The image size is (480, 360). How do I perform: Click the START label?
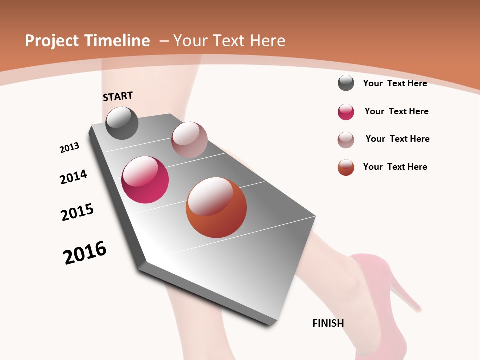[118, 96]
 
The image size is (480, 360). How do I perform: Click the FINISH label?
[328, 323]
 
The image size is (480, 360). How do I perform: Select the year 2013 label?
[69, 148]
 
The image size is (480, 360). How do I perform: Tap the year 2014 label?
[73, 177]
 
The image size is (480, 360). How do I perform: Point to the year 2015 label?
[77, 212]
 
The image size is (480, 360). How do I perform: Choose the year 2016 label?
[85, 253]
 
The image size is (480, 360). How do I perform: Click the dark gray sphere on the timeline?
[122, 123]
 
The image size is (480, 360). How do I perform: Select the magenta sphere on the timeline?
[145, 180]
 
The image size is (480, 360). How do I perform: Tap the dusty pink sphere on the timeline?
[189, 139]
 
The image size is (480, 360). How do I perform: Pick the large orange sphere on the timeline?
[216, 207]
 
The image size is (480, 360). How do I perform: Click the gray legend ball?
[346, 83]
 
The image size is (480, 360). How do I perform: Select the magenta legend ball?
[346, 112]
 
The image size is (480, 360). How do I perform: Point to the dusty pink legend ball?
[346, 140]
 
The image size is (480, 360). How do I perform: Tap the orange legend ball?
[346, 167]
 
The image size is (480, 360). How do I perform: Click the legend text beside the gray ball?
[395, 83]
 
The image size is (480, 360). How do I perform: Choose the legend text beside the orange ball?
[395, 167]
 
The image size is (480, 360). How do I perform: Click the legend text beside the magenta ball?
[396, 111]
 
